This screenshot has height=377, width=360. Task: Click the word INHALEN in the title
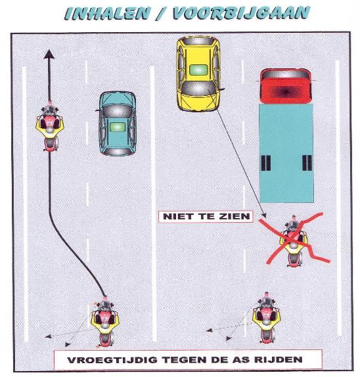coord(108,12)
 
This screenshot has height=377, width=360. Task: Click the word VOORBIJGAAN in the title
coord(241,12)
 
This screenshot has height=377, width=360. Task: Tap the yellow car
coord(198,74)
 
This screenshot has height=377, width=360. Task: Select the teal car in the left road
coord(118,123)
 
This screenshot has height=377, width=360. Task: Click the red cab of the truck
coord(286,86)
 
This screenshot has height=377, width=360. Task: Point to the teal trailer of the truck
coord(286,153)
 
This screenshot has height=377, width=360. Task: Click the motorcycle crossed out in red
coord(294,241)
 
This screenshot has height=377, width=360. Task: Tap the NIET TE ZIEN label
coord(206,216)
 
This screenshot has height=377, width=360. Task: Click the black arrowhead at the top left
coord(49,54)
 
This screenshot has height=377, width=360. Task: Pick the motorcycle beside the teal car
coord(49,127)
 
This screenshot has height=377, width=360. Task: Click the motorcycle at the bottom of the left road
coord(105,321)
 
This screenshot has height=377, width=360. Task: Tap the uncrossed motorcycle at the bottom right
coord(266,317)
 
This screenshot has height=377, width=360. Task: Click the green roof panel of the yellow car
coord(198,70)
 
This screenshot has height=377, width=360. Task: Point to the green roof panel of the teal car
coord(118,127)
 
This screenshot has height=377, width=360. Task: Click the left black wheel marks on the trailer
coord(266,163)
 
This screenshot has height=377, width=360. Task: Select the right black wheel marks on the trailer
coord(307,163)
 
